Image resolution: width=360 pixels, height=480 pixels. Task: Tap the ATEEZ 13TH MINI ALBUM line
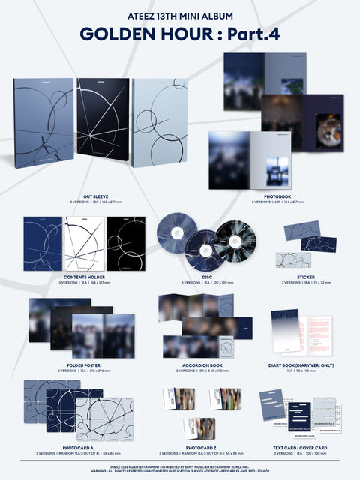tap(180, 13)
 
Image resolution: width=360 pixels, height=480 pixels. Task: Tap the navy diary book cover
tap(285, 331)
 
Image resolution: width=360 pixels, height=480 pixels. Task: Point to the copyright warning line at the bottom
tap(180, 471)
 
